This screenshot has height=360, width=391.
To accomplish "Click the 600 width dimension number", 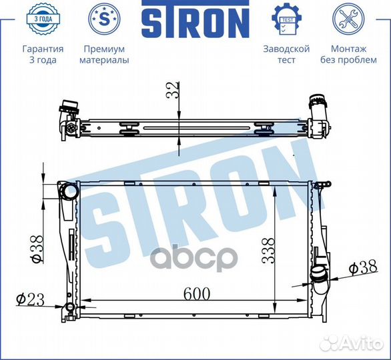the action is point(197,294).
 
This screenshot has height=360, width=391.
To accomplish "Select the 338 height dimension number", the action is point(268,251).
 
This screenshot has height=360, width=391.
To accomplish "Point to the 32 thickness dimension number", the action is point(173,90).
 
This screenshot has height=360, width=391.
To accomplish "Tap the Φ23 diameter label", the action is point(30,299).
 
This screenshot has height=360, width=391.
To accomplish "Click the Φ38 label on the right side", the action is point(363,267).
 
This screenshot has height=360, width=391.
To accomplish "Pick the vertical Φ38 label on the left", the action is point(37,249).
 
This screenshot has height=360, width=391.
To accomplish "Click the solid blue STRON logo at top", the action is point(195,19).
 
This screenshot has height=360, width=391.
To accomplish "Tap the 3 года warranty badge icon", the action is point(43,19).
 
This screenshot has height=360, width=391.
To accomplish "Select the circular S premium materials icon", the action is point(104,19).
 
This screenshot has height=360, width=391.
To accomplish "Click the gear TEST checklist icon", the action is point(286,19).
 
